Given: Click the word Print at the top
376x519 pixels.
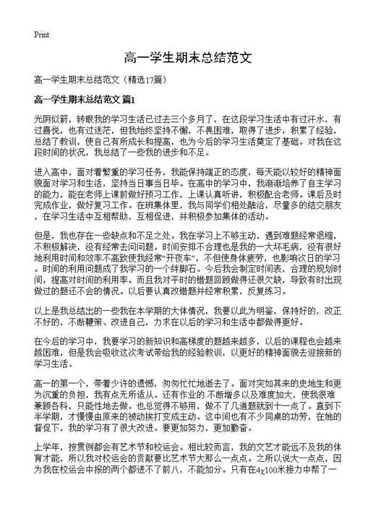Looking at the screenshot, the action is (41, 35).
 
